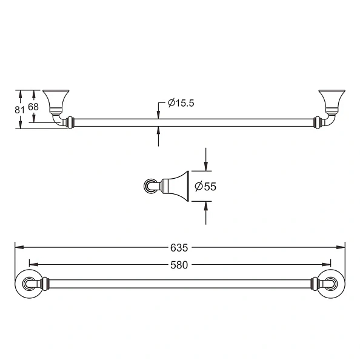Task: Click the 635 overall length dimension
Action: click(179, 247)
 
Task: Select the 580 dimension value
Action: click(179, 264)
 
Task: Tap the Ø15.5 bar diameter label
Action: click(181, 103)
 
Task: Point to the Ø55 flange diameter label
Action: click(205, 187)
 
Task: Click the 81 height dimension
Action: click(19, 109)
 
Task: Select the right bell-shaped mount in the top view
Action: click(331, 99)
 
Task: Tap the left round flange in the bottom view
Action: click(29, 283)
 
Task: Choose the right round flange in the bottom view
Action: click(330, 283)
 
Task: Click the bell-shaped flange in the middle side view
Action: click(176, 185)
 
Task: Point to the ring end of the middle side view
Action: click(149, 185)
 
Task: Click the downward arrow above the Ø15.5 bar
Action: click(158, 114)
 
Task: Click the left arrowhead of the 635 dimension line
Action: click(18, 247)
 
